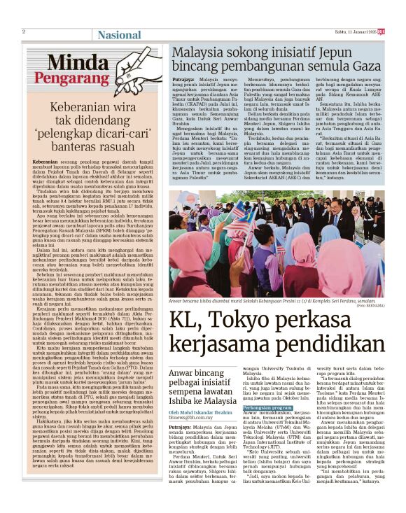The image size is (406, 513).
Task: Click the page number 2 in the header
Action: click(x=23, y=31)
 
